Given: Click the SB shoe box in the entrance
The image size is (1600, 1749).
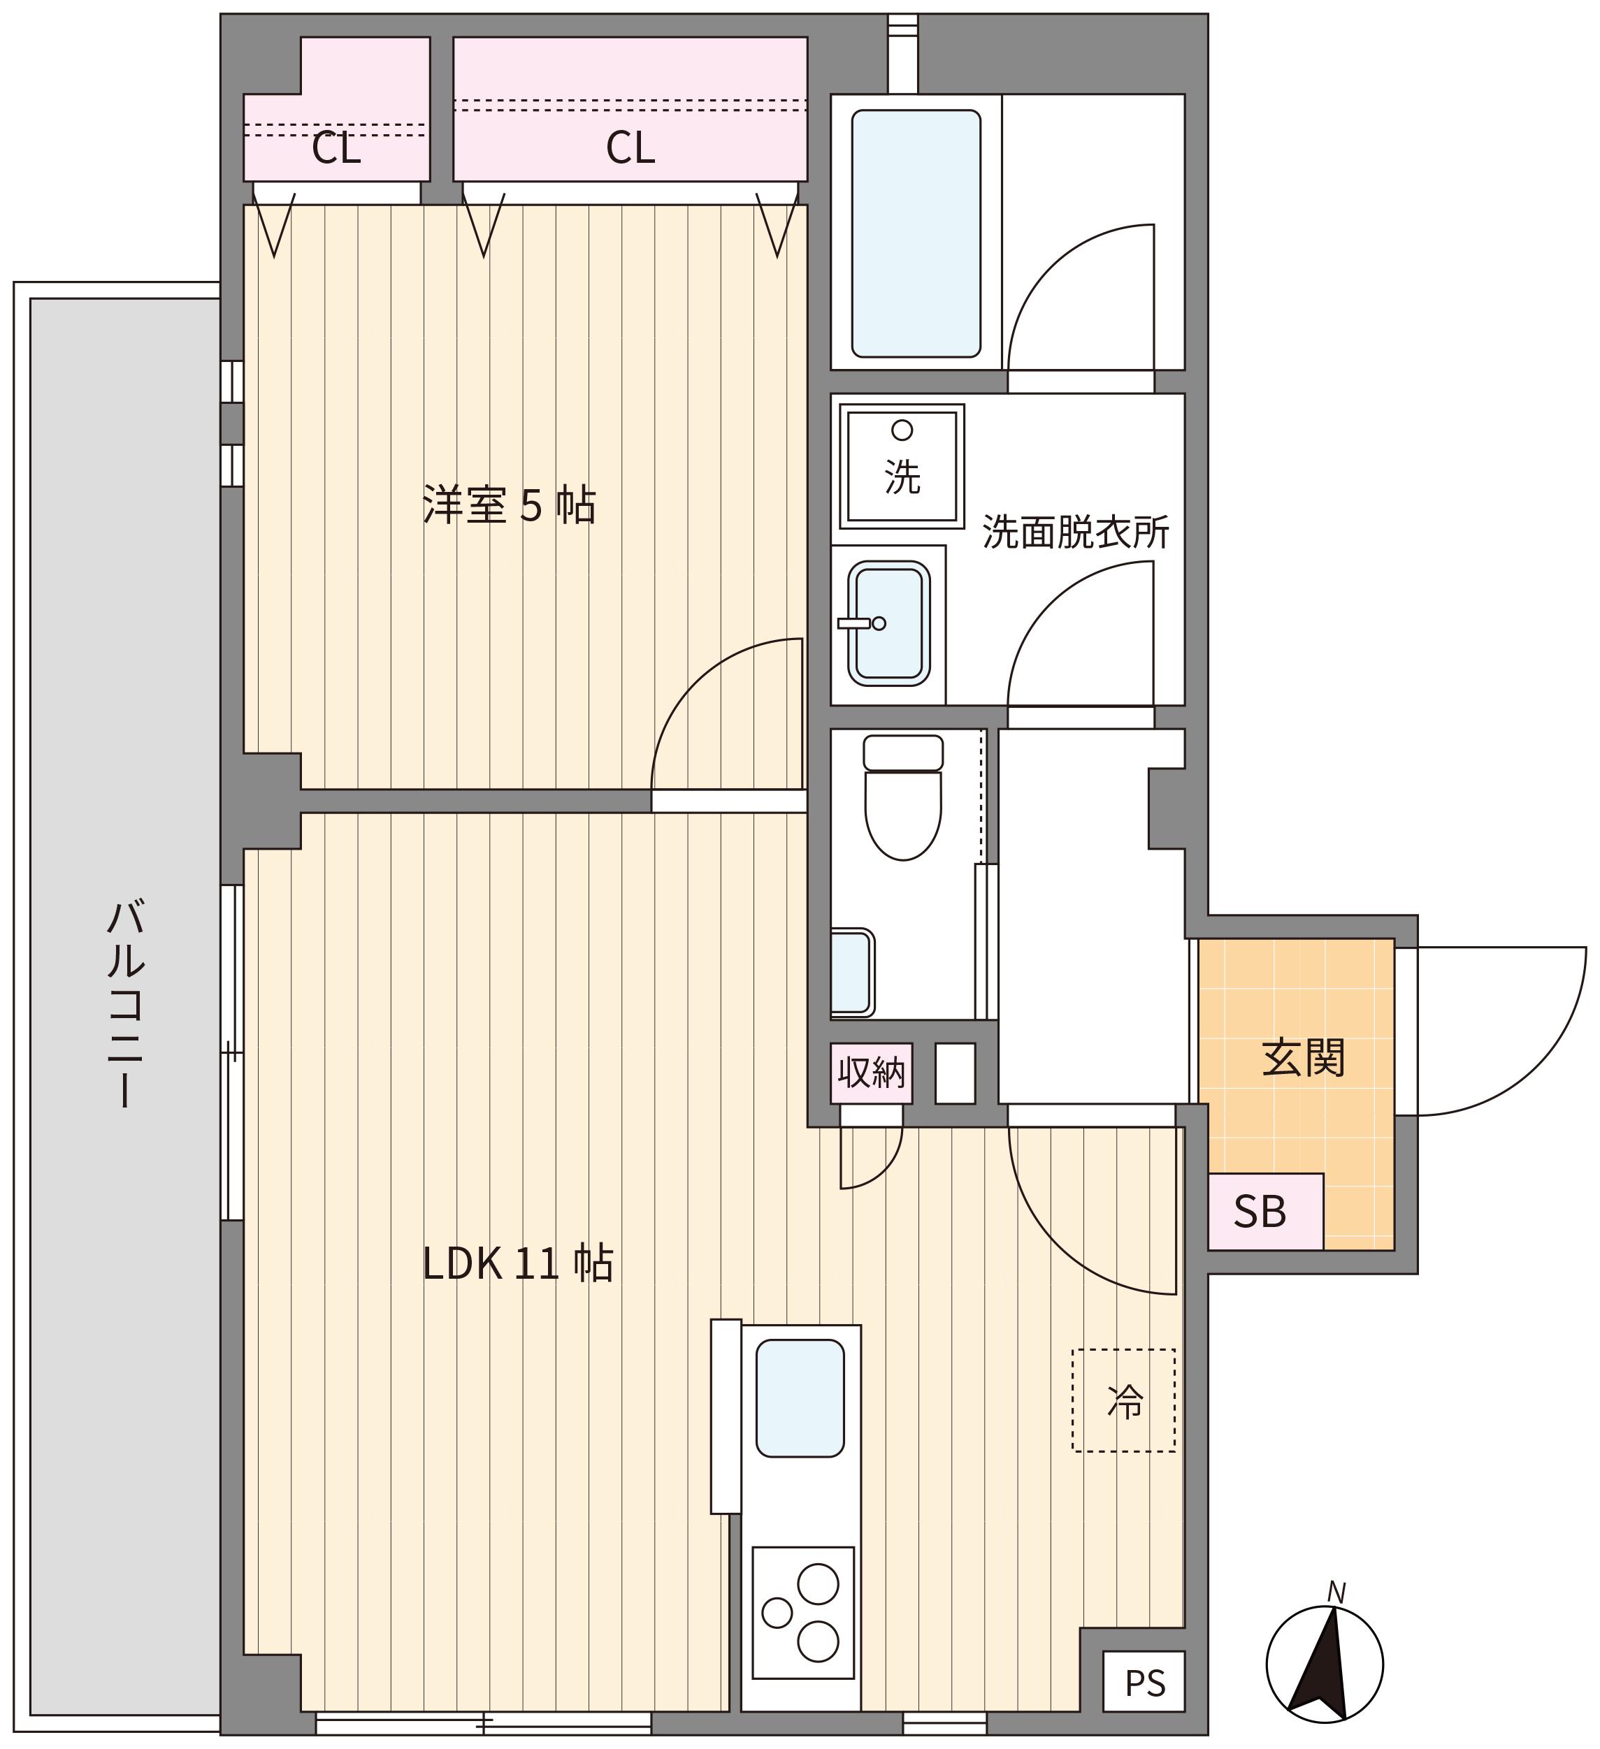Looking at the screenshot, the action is coord(1266,1212).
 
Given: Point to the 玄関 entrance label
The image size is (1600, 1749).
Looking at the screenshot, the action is coord(1303,1059).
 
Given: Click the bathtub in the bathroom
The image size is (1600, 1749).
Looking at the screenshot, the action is coord(916,233).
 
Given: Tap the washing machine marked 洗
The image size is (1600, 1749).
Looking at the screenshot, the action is coord(902,466).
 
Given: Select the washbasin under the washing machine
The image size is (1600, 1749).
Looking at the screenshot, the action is coord(889,623).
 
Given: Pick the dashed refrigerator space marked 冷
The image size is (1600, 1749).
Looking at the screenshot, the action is coord(1125,1400).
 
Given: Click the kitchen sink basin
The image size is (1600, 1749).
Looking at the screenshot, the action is coord(800,1398).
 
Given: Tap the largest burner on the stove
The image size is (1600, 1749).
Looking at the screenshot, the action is coord(817,1584).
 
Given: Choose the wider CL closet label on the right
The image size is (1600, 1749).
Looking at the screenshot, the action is coord(630,147).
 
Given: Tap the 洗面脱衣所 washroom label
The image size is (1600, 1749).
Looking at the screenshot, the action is coord(1076,532).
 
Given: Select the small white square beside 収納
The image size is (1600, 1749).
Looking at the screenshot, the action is coord(956,1073).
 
